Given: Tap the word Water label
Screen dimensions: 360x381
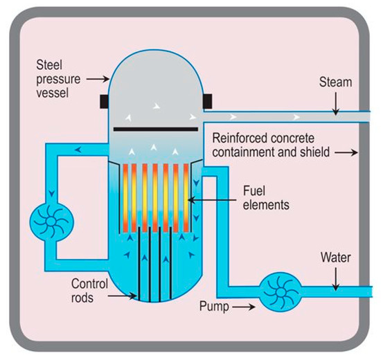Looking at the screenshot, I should pos(336,260).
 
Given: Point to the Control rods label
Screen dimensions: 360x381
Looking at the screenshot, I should pos(90,289).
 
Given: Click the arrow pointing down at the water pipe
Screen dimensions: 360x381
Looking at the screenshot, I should pos(336,279).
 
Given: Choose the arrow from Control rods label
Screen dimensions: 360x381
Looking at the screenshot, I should pos(126,296).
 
